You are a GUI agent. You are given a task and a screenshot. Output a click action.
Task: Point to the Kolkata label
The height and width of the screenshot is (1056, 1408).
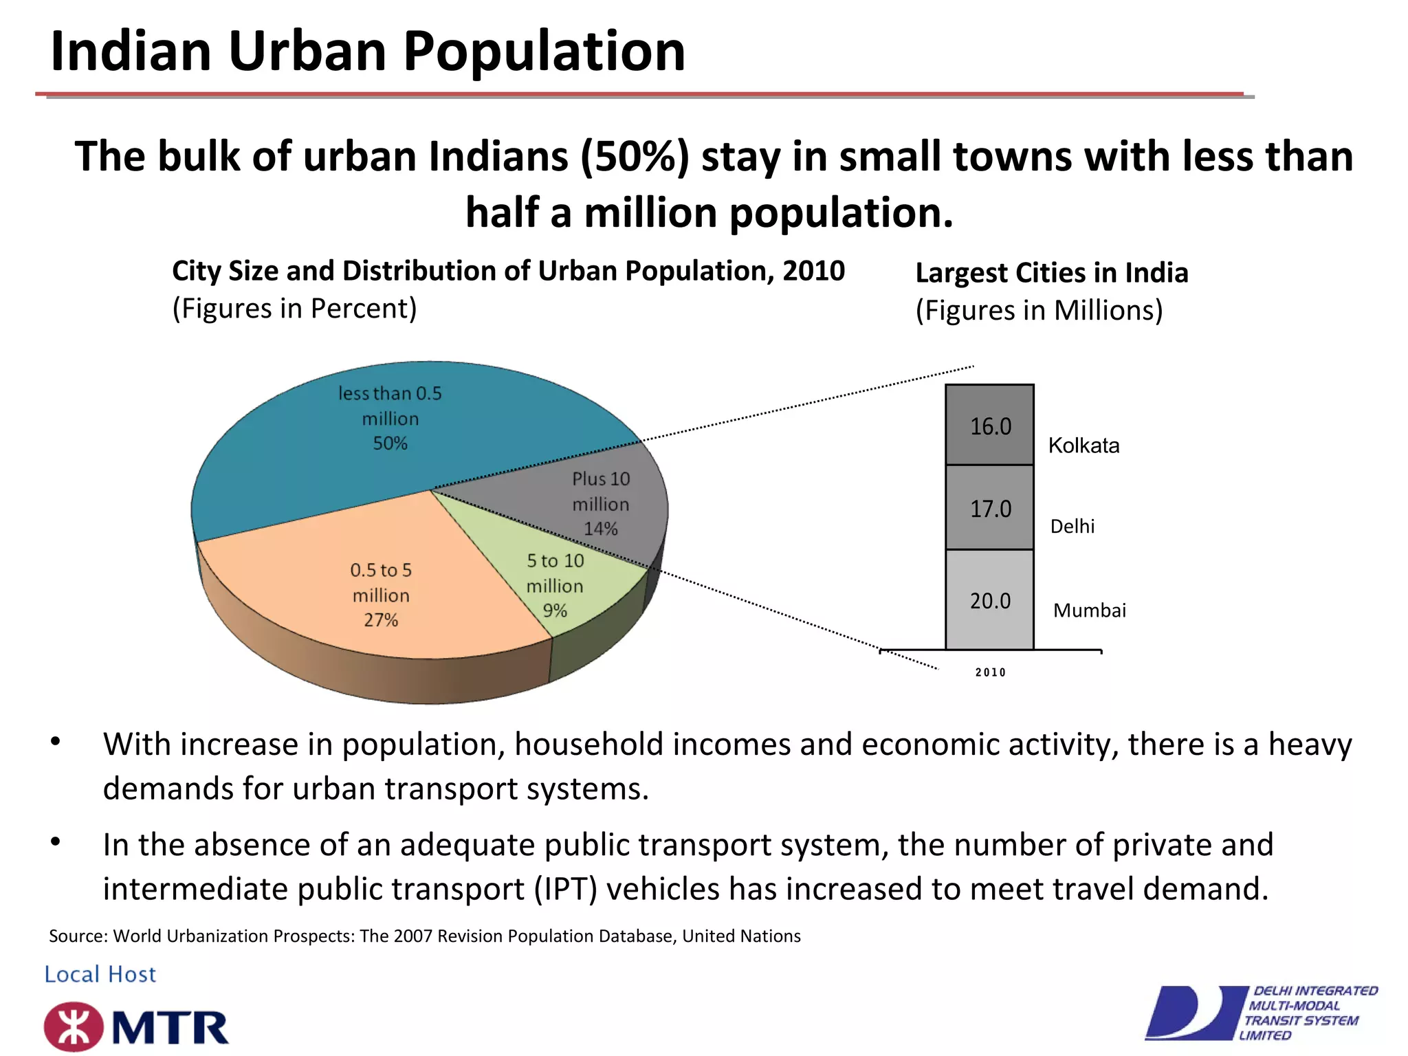(x=1083, y=445)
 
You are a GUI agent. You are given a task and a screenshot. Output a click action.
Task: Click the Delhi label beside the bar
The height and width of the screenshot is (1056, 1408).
(x=1072, y=527)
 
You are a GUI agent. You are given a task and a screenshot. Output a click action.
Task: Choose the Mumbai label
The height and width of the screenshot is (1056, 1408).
(x=1089, y=610)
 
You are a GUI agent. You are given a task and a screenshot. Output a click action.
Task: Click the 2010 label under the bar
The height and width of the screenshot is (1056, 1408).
(x=990, y=672)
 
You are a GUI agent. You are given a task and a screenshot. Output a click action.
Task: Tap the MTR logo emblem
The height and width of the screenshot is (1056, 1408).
(x=74, y=1027)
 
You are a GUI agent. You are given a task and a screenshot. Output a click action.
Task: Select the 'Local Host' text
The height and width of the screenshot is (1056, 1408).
(x=100, y=974)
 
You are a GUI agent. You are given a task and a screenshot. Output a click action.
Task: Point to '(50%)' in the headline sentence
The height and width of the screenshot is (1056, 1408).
(x=634, y=157)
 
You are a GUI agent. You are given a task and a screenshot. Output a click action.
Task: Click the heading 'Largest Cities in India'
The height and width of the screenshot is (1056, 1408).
(x=1051, y=273)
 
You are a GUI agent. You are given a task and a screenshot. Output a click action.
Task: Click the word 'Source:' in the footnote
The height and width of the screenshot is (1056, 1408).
(x=78, y=936)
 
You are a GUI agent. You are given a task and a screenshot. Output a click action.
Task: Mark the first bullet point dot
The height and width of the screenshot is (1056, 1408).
(x=56, y=742)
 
